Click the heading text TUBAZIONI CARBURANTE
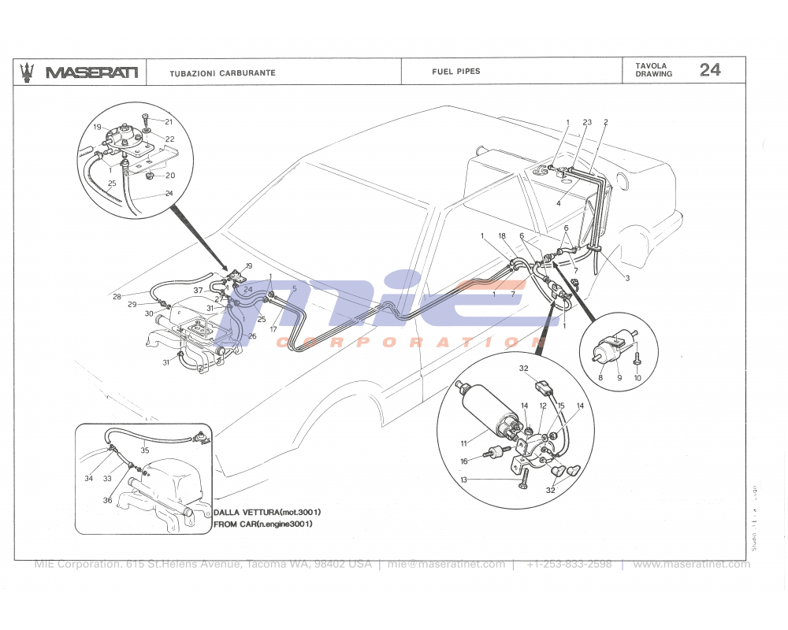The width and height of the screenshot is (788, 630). tap(222, 72)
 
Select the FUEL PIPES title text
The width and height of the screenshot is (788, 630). tap(455, 71)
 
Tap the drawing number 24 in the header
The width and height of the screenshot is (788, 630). tap(709, 70)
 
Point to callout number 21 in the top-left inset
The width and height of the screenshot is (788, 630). tap(169, 121)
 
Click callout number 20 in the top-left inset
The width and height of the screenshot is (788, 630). tap(169, 176)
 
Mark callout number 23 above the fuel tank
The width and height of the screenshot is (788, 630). tap(587, 122)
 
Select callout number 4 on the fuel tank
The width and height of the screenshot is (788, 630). tap(558, 203)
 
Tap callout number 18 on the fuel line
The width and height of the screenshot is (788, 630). tap(501, 235)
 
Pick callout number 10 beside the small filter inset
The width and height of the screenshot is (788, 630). tap(637, 378)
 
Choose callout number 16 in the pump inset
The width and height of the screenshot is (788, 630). tap(464, 461)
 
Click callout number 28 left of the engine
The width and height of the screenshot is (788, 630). tap(117, 297)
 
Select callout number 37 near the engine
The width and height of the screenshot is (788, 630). tap(199, 291)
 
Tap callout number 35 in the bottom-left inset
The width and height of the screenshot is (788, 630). tap(144, 451)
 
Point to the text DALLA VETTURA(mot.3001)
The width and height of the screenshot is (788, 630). tap(267, 512)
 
